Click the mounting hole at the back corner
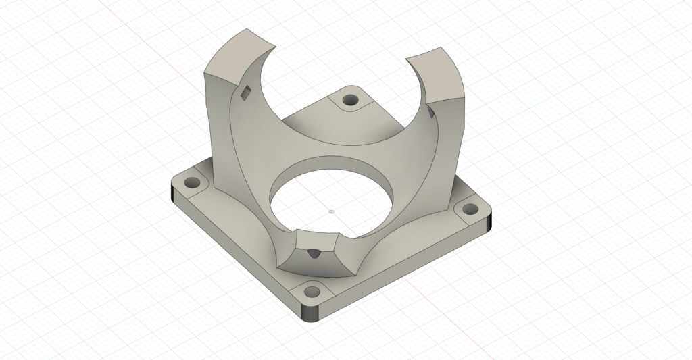pos(350,100)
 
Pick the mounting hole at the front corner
pos(312,292)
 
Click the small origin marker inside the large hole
pos(331,211)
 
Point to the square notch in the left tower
pos(245,93)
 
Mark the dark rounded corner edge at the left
pos(173,197)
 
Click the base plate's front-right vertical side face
pos(405,270)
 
